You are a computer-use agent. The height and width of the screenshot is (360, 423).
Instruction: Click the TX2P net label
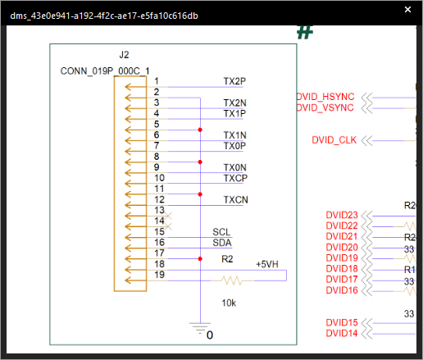pyautogui.click(x=234, y=82)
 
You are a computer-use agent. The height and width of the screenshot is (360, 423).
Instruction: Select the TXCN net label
pyautogui.click(x=235, y=199)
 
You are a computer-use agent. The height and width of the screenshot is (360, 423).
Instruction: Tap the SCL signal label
pyautogui.click(x=221, y=232)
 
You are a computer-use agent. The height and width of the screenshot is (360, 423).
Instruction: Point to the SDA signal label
pyautogui.click(x=221, y=243)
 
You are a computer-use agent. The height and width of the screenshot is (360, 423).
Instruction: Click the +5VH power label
pyautogui.click(x=266, y=264)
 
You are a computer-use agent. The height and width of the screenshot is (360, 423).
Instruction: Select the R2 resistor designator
pyautogui.click(x=228, y=259)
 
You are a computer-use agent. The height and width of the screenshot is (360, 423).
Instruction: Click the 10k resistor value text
pyautogui.click(x=230, y=303)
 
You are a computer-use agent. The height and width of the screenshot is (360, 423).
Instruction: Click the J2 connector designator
pyautogui.click(x=124, y=54)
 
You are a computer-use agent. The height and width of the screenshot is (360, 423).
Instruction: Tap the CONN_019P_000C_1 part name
pyautogui.click(x=104, y=71)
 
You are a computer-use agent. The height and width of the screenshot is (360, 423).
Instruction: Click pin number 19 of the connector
pyautogui.click(x=160, y=275)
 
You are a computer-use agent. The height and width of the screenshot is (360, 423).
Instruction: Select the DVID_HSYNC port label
pyautogui.click(x=325, y=97)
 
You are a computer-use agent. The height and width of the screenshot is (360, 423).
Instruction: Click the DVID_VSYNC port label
pyautogui.click(x=325, y=107)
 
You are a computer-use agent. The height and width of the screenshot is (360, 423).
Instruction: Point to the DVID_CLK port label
pyautogui.click(x=334, y=139)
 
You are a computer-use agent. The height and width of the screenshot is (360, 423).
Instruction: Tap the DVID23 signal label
pyautogui.click(x=342, y=215)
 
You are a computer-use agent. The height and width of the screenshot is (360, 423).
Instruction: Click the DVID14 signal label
pyautogui.click(x=342, y=333)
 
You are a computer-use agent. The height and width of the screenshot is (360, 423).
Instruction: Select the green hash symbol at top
pyautogui.click(x=304, y=32)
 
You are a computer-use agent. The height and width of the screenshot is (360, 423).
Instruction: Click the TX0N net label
pyautogui.click(x=234, y=167)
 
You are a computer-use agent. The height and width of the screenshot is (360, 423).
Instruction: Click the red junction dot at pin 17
pyautogui.click(x=200, y=259)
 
